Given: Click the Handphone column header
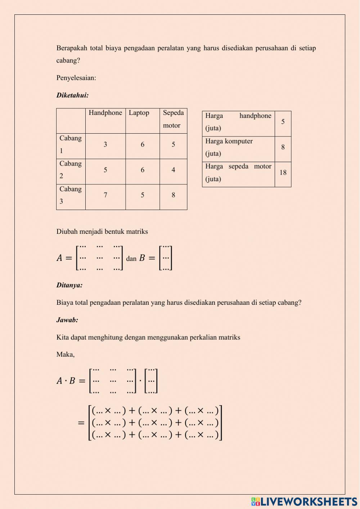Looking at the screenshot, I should (105, 113).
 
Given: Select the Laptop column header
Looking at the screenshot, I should (139, 113).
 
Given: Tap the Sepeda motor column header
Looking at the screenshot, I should (173, 119).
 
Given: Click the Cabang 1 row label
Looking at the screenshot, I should (71, 144).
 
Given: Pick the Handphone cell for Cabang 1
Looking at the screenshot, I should (105, 144).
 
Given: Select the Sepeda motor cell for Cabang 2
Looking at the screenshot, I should (173, 170).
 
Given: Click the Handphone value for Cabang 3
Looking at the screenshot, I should (105, 195).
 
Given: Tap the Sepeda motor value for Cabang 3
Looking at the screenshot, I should (173, 195).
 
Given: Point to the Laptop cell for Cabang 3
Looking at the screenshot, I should (143, 195).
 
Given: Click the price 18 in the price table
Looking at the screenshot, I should (283, 173).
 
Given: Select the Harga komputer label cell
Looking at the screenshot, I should (238, 147).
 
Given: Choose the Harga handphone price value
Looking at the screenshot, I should (283, 122).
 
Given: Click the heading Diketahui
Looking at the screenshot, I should (72, 95).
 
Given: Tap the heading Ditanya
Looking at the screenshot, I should (69, 285).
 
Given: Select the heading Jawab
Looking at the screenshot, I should (67, 320).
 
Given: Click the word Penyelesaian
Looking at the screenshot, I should (76, 78).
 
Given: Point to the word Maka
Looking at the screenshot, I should (66, 354).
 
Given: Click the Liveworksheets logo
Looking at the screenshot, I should (304, 501).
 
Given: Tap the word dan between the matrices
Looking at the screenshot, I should (131, 259).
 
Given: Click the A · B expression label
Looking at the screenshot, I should (66, 381).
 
